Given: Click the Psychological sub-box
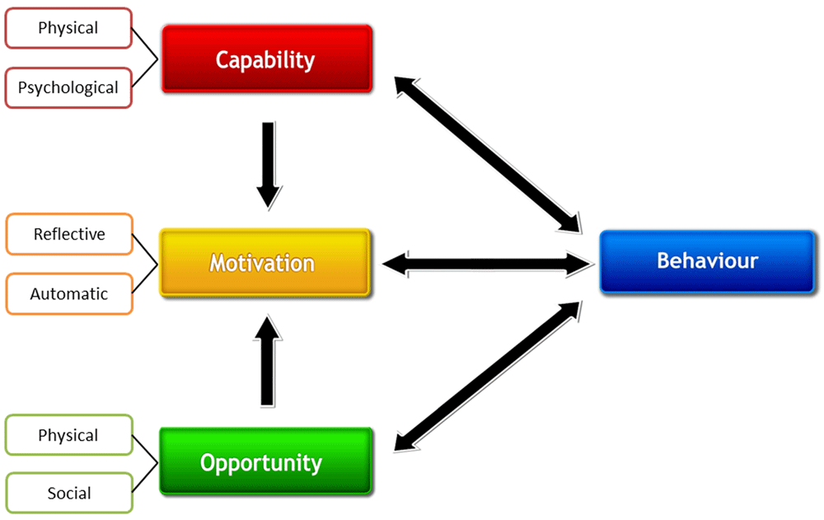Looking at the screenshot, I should (x=68, y=87).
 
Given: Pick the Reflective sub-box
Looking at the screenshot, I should (x=69, y=234).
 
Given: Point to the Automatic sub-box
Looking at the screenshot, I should (x=69, y=293).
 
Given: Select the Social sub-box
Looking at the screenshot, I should (x=69, y=494).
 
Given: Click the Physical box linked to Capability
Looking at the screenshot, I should (x=68, y=28).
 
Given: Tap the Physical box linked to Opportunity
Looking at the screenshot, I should (x=68, y=435).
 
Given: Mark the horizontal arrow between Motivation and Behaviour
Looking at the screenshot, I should (x=488, y=264).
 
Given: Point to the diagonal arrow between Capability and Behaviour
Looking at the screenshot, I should (x=489, y=154).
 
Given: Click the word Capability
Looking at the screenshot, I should (x=265, y=59).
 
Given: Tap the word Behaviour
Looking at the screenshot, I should (x=707, y=261).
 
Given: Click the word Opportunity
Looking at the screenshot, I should (x=261, y=462).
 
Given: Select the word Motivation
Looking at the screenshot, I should (x=262, y=264).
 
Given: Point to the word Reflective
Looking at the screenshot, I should (x=69, y=234).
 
